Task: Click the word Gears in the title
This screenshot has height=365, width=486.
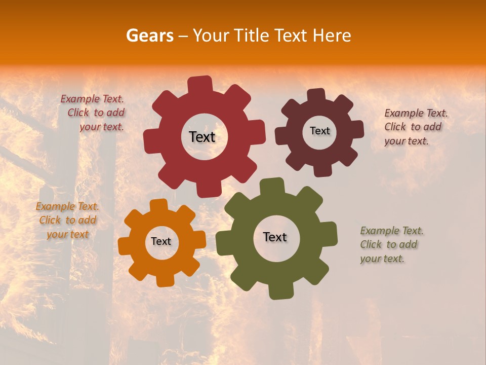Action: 149,35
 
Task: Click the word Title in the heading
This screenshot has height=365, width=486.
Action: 252,35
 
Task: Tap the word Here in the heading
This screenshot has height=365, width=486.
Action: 332,35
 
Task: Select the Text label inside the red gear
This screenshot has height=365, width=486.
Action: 202,137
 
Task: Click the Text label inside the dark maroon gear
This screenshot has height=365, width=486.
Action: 319,131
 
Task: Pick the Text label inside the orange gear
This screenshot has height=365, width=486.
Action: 161,241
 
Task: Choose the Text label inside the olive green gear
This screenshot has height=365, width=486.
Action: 275,237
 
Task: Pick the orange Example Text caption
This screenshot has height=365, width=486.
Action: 67,220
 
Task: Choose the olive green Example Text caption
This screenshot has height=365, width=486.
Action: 391,244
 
